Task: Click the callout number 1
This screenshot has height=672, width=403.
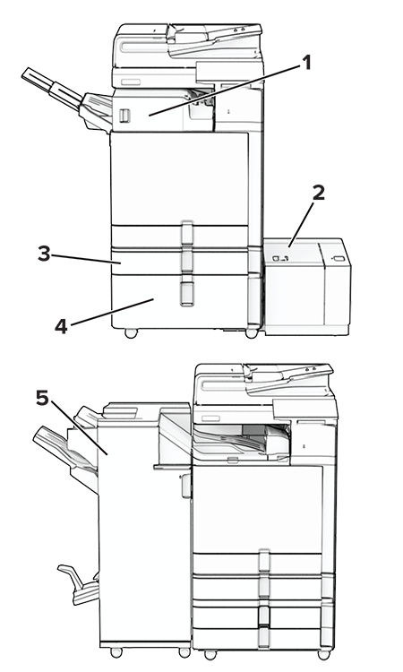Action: (x=306, y=64)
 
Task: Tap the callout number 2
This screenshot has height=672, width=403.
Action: (x=319, y=193)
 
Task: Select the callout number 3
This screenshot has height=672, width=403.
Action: (x=44, y=254)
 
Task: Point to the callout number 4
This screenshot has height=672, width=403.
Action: (x=61, y=326)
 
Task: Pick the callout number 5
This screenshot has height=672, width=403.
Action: (x=42, y=398)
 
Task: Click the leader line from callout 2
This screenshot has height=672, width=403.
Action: (x=301, y=225)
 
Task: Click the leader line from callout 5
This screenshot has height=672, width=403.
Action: (x=79, y=427)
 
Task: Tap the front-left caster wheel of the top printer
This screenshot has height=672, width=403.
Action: (x=131, y=333)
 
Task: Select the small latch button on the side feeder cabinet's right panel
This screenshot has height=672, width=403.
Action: (x=339, y=259)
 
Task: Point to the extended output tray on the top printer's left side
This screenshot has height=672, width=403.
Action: (x=50, y=89)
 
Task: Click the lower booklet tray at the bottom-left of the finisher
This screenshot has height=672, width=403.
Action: (x=79, y=585)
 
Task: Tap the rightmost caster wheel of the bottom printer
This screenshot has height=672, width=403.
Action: (x=324, y=654)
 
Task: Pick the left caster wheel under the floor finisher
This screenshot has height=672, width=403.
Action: (x=116, y=652)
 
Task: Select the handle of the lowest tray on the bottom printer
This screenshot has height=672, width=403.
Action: (x=264, y=636)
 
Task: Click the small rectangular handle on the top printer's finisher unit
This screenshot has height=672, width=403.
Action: (x=124, y=116)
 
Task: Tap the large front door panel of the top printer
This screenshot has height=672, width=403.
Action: (x=179, y=178)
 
